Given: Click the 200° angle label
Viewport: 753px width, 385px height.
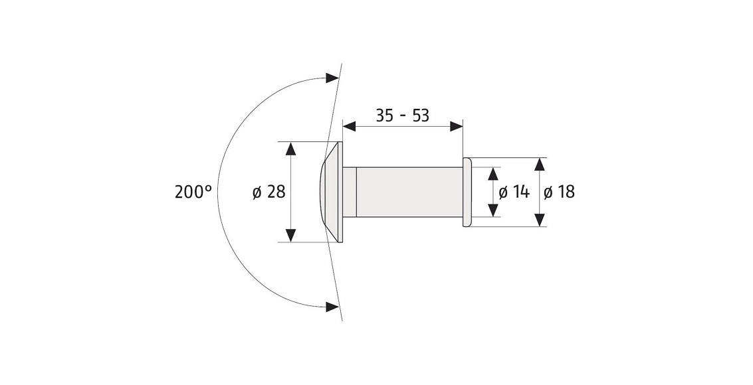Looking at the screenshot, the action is pyautogui.click(x=193, y=193).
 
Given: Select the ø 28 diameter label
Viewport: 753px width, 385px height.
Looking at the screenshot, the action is pyautogui.click(x=269, y=193).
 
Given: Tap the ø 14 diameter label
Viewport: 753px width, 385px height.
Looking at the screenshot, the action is pyautogui.click(x=514, y=193).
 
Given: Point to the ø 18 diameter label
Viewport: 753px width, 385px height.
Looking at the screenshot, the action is pyautogui.click(x=560, y=193).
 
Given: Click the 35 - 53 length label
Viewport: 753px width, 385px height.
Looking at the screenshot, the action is pyautogui.click(x=402, y=116).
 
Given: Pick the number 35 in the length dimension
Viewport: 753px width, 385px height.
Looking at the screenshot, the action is pyautogui.click(x=384, y=116).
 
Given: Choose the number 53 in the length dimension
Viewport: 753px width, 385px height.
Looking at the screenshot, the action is pyautogui.click(x=420, y=116).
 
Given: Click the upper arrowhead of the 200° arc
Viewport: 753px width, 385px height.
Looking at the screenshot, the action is pyautogui.click(x=332, y=78).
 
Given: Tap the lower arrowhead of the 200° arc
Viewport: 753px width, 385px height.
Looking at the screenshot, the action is pyautogui.click(x=332, y=306).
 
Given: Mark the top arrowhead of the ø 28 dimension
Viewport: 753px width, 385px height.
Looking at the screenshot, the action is pyautogui.click(x=290, y=149).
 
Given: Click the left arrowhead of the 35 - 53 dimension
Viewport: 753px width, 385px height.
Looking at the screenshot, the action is pyautogui.click(x=349, y=127).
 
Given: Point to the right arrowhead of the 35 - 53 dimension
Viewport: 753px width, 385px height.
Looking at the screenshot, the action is pyautogui.click(x=456, y=127).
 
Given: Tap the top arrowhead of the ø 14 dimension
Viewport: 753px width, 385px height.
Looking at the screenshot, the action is pyautogui.click(x=493, y=173).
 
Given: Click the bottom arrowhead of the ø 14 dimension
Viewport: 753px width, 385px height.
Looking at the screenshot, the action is pyautogui.click(x=493, y=210).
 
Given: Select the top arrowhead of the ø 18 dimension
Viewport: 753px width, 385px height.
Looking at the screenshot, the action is pyautogui.click(x=540, y=164).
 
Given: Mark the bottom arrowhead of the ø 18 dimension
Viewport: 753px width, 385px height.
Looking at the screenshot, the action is pyautogui.click(x=540, y=220).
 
